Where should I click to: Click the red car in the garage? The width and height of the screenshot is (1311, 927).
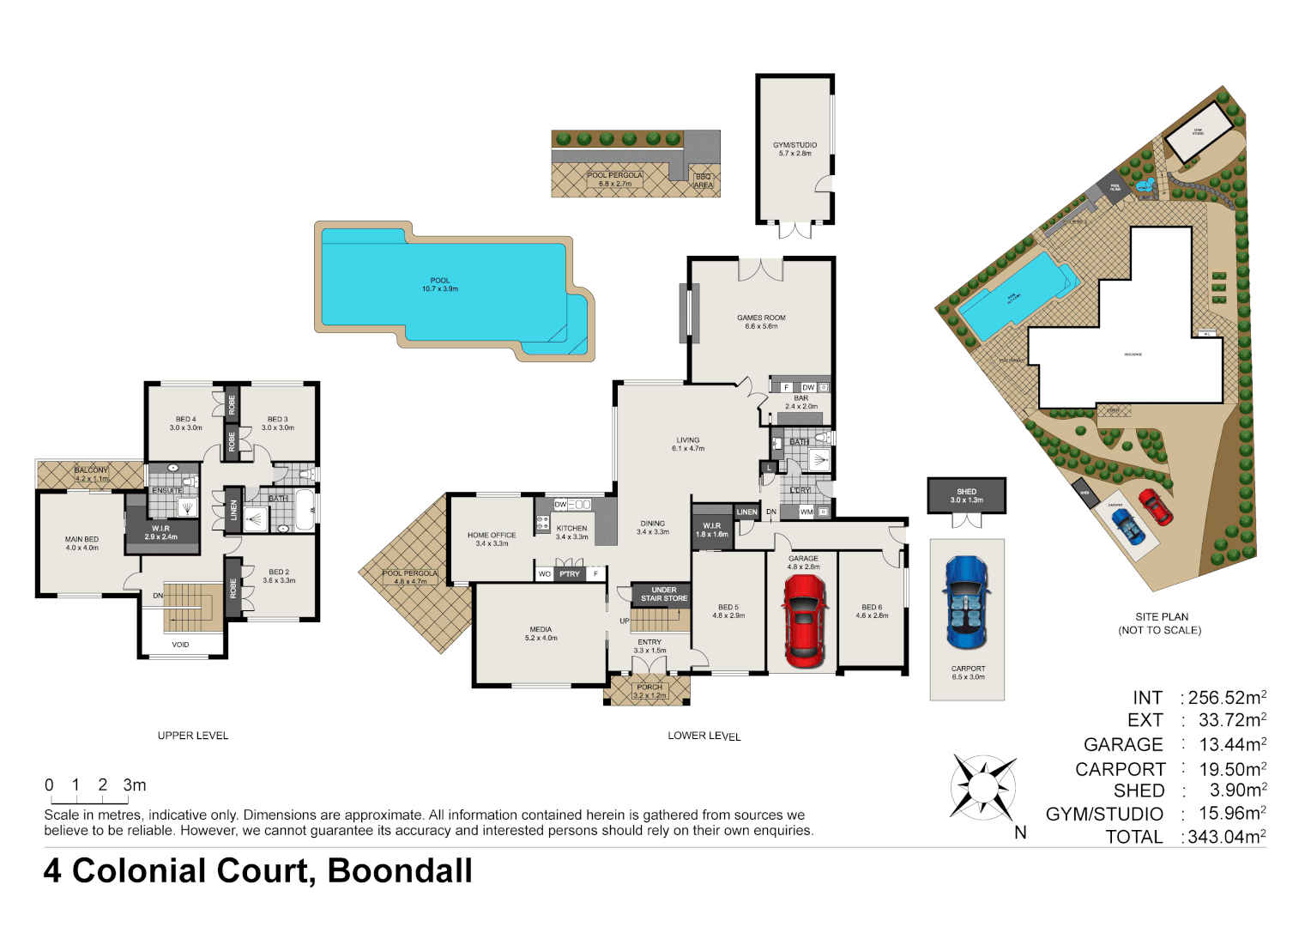(x=804, y=621)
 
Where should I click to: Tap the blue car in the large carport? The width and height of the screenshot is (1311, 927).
(x=967, y=603)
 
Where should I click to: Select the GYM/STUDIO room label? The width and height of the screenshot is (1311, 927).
(x=794, y=145)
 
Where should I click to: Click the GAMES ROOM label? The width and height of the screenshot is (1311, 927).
(x=761, y=318)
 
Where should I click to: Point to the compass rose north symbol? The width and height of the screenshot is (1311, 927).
(x=983, y=787)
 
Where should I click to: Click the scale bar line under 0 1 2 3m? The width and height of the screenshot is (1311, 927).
(x=87, y=800)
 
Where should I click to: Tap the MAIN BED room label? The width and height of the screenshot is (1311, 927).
(x=82, y=540)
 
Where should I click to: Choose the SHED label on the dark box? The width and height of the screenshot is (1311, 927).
(x=966, y=492)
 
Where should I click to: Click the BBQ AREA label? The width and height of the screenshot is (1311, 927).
(x=703, y=181)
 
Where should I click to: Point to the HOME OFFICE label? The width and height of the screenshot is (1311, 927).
(x=492, y=535)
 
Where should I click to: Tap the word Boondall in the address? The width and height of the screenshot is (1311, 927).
(x=400, y=870)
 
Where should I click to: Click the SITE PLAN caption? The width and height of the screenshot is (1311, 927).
(x=1162, y=617)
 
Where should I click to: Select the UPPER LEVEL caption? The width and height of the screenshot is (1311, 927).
(x=193, y=736)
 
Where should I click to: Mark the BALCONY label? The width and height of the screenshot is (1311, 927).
(x=91, y=470)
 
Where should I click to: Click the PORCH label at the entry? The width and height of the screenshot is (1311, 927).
(x=649, y=687)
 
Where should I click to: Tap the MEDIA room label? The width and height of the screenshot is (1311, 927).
(x=541, y=629)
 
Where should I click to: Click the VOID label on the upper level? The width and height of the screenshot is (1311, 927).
(x=180, y=645)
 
